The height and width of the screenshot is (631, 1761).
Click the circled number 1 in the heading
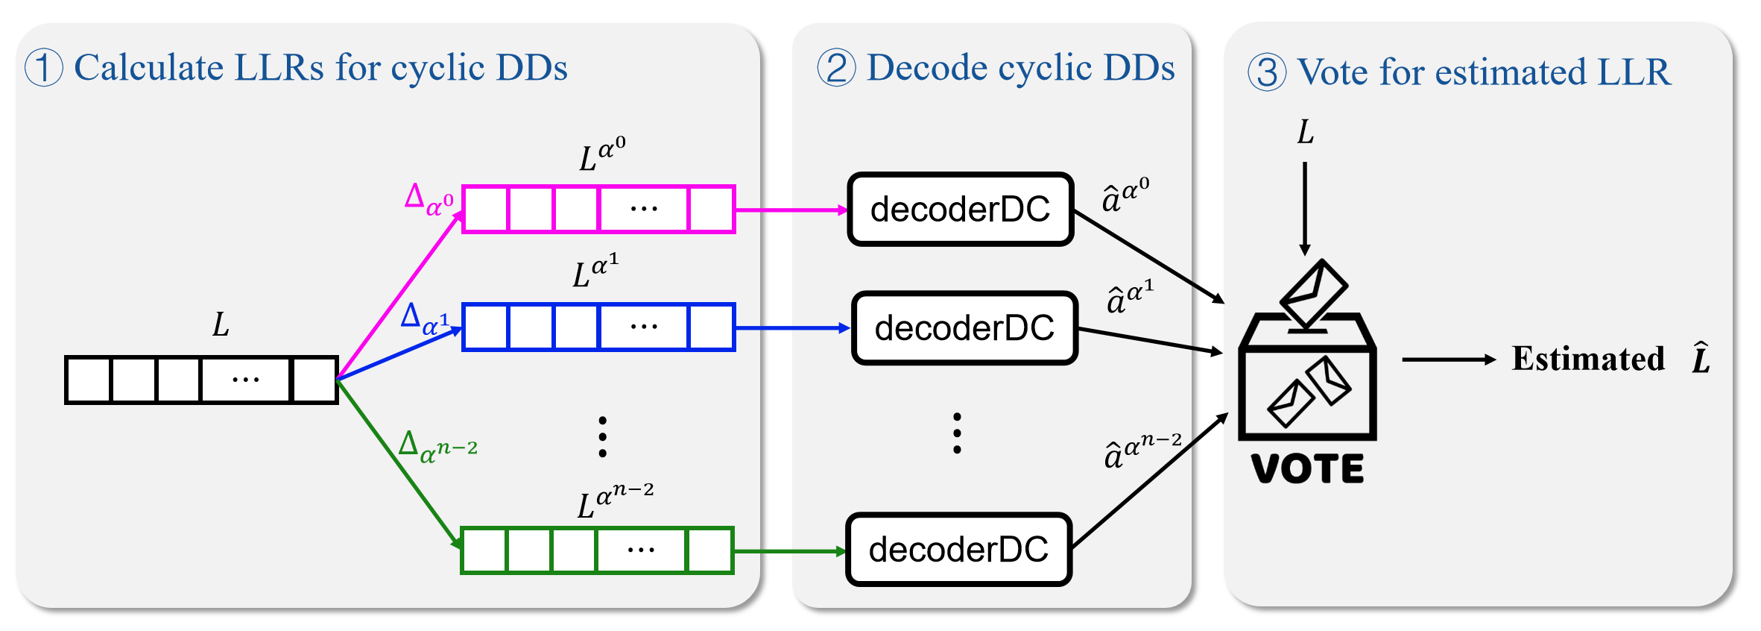[x=43, y=68]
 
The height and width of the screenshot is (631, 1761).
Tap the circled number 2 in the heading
[x=836, y=68]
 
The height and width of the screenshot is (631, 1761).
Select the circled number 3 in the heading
[x=1267, y=73]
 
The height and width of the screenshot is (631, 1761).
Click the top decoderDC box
[x=960, y=210]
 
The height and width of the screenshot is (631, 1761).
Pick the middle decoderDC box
[x=964, y=328]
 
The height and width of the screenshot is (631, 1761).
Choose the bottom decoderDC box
[x=959, y=550]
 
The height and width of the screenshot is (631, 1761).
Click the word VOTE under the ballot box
[x=1308, y=468]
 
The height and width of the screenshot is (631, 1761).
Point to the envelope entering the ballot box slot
[x=1313, y=292]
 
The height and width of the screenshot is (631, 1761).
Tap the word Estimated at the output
[x=1588, y=360]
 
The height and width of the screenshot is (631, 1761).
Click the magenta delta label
[x=429, y=200]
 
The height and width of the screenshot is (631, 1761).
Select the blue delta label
[x=425, y=318]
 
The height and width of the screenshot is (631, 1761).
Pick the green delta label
[x=437, y=446]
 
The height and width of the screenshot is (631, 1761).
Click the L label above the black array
[x=221, y=324]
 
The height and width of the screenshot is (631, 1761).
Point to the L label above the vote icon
[x=1305, y=132]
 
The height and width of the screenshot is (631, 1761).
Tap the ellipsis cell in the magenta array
[x=644, y=210]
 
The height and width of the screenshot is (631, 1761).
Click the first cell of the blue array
[x=485, y=327]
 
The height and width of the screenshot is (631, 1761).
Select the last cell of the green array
[x=709, y=550]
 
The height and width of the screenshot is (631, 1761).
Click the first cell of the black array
[x=89, y=380]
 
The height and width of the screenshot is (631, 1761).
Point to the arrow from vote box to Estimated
[x=1449, y=360]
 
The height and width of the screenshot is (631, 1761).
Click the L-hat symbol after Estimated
[x=1701, y=358]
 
